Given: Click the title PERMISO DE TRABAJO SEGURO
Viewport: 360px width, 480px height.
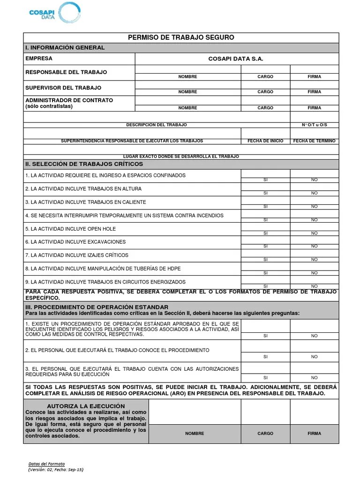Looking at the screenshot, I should [181, 37].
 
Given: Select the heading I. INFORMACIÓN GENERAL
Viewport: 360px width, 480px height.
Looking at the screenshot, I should [65, 48].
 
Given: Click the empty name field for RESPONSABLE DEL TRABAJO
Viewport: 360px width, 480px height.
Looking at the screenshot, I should [187, 69].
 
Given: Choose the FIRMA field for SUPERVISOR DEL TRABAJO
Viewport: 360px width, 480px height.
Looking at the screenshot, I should [314, 85].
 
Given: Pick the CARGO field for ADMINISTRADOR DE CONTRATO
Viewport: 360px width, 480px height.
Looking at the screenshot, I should [265, 100].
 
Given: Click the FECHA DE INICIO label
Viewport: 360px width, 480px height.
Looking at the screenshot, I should [265, 141].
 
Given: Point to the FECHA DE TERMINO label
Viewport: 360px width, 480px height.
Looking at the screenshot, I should [314, 141].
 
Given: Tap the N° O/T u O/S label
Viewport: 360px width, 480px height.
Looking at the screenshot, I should [314, 125].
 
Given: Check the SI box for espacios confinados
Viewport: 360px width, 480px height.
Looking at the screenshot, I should [265, 174].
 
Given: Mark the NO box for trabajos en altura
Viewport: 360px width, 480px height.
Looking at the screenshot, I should [314, 187].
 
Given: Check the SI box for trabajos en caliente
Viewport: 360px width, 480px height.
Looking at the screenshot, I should [265, 201].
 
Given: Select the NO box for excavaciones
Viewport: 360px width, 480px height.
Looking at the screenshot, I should [314, 240].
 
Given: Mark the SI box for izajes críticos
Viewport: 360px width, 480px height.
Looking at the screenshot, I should [265, 254].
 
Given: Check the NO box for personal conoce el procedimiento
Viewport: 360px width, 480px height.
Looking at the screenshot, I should [314, 346].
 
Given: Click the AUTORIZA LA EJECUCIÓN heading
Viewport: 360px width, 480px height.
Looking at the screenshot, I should [86, 406].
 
